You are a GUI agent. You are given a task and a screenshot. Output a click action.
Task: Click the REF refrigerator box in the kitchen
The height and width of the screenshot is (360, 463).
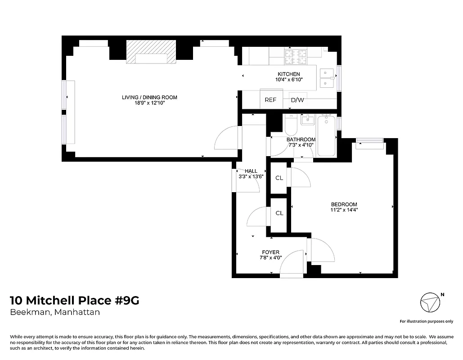[270, 100]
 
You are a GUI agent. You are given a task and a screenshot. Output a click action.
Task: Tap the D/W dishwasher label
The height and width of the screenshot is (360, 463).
[297, 100]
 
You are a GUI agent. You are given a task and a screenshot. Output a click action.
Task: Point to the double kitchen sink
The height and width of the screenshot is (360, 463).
[327, 77]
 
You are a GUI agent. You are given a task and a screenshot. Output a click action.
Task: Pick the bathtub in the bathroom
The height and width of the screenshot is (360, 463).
[326, 135]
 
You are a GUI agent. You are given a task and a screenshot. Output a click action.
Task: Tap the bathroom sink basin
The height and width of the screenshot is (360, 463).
[308, 120]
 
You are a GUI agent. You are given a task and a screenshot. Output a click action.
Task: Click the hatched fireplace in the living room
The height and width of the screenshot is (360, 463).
[150, 52]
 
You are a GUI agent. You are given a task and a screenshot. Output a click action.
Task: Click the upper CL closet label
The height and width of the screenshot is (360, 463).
[279, 178]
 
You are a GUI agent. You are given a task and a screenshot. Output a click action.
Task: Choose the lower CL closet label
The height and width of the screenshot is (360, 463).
[279, 213]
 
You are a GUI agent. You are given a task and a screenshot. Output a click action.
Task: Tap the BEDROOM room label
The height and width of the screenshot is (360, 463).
[343, 204]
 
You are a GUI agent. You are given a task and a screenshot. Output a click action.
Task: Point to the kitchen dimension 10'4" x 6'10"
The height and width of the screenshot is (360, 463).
[288, 80]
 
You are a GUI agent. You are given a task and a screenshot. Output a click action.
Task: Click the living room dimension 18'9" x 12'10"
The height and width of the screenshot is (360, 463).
[149, 103]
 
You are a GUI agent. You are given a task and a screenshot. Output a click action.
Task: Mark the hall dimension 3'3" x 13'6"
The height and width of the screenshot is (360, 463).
[251, 177]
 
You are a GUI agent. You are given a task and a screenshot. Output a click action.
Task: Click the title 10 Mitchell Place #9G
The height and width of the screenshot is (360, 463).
[75, 301]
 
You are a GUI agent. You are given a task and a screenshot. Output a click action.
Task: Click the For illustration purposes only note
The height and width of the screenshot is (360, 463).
[426, 321]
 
